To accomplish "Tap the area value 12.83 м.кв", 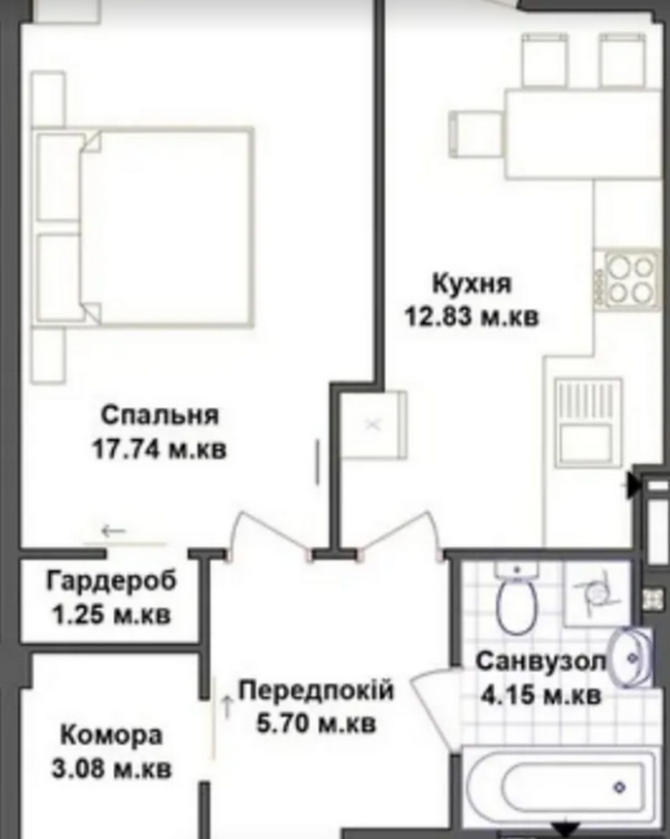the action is tap(472, 317).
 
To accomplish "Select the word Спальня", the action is tap(160, 415).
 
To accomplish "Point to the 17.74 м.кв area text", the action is tap(159, 450).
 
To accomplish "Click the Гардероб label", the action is tap(111, 582).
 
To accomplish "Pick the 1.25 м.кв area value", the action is tap(112, 615).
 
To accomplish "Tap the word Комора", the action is tap(112, 736).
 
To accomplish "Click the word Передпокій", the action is tap(316, 691).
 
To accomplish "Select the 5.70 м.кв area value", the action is tap(316, 724).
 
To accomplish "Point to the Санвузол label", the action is tap(541, 662).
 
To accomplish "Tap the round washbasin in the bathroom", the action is tap(630, 658).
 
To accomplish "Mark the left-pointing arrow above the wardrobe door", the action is tap(113, 531).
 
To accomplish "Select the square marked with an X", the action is tap(373, 425).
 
